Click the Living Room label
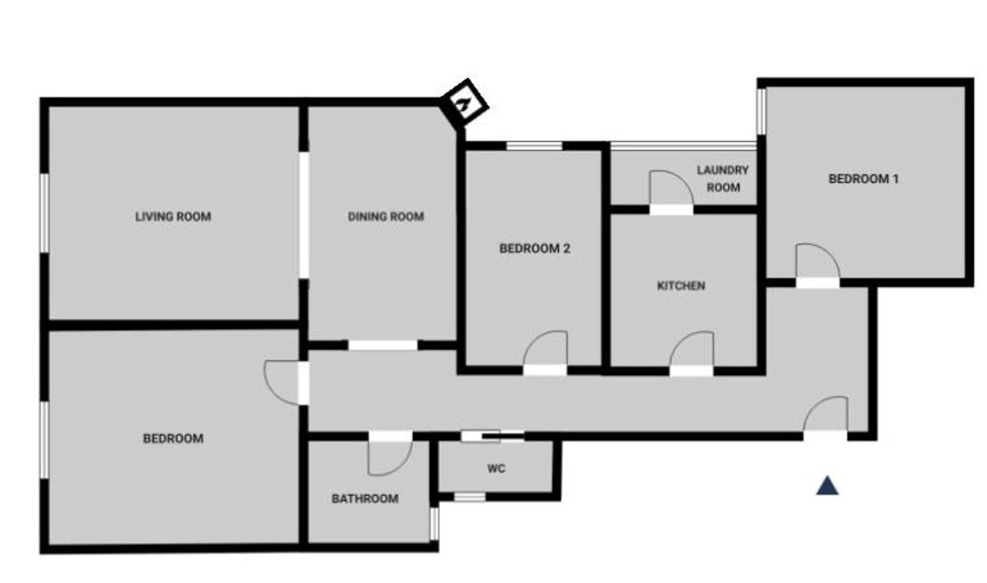click(173, 217)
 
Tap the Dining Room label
click(386, 217)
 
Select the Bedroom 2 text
click(535, 249)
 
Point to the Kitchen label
click(681, 286)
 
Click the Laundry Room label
click(722, 179)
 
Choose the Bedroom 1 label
click(864, 179)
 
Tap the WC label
click(496, 469)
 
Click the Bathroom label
click(365, 499)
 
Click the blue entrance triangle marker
click(827, 486)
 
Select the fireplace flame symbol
click(463, 105)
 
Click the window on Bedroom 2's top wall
click(534, 146)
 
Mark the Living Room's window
click(45, 213)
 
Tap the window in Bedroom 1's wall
click(761, 111)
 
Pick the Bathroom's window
click(435, 524)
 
